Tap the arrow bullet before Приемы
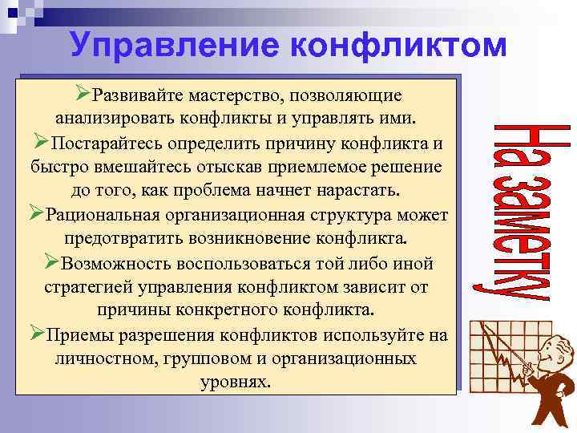37,333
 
